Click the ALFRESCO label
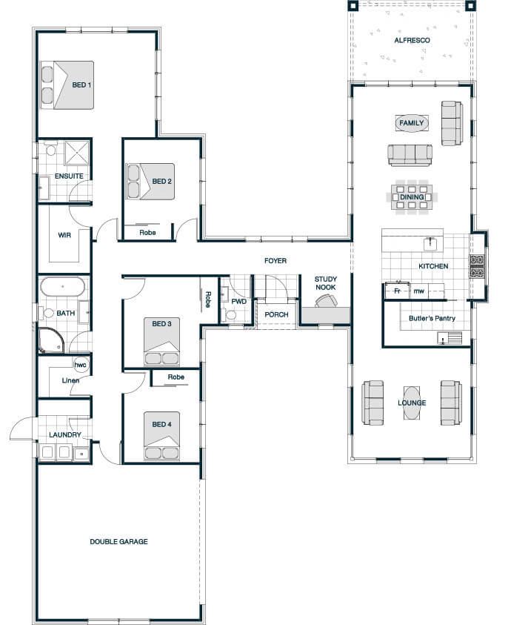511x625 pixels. [412, 40]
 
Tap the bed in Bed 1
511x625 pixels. [67, 85]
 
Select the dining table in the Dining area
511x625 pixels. [412, 197]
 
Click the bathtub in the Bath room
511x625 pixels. [62, 287]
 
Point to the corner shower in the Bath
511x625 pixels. [51, 340]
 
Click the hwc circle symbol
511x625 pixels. [80, 365]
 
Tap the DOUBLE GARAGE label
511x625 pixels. [118, 542]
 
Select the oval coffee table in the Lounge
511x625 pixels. [412, 403]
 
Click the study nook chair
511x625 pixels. [326, 301]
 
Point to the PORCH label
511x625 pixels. [276, 314]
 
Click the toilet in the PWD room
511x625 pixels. [230, 315]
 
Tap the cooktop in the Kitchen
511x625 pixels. [476, 266]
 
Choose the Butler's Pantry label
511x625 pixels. [432, 319]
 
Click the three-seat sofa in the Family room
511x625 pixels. [410, 155]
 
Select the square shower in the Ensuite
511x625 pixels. [77, 152]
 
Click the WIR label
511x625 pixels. [64, 235]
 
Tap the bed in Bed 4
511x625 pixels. [161, 436]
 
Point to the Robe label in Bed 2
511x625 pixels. [147, 233]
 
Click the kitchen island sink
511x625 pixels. [431, 244]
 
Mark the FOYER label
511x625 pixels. [275, 261]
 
